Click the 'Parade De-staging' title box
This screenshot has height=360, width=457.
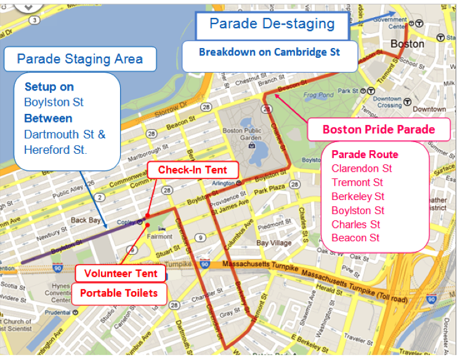272,24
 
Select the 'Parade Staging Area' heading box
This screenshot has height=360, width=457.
79,59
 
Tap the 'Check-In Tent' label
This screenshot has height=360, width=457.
192,170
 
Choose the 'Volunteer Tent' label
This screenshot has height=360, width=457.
121,273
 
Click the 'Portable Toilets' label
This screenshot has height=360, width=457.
118,293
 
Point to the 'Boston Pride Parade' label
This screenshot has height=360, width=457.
378,129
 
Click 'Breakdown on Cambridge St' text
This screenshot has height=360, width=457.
269,52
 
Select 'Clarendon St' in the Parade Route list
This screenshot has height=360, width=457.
362,168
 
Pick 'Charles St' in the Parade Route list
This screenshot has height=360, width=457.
355,224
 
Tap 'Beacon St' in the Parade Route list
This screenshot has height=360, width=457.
355,238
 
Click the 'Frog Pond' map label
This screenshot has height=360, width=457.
318,95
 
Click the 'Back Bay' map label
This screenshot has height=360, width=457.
86,220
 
